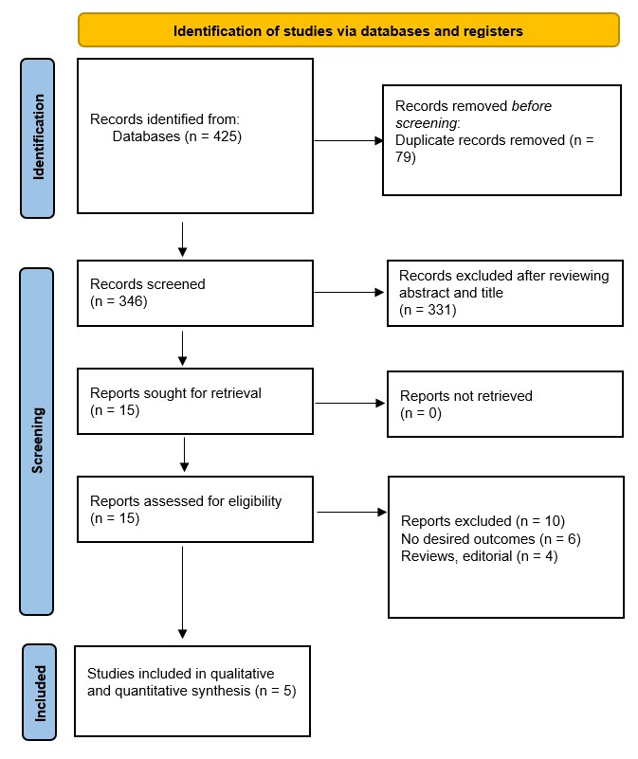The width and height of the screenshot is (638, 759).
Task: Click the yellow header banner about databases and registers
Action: pyautogui.click(x=348, y=30)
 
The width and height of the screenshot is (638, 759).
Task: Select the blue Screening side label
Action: pyautogui.click(x=39, y=440)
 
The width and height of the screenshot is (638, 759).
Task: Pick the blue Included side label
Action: pyautogui.click(x=39, y=691)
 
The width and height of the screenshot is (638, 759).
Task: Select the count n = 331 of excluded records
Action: pyautogui.click(x=428, y=309)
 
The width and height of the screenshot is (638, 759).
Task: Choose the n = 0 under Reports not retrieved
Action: pyautogui.click(x=421, y=412)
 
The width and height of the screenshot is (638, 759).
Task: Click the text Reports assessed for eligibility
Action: pyautogui.click(x=186, y=501)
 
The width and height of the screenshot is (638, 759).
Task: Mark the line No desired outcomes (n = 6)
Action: pyautogui.click(x=490, y=538)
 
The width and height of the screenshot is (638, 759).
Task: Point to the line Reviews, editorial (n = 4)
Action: pyautogui.click(x=479, y=556)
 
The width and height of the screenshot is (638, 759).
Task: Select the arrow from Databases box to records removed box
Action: pyautogui.click(x=346, y=141)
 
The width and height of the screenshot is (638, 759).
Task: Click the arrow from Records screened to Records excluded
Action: pyautogui.click(x=349, y=292)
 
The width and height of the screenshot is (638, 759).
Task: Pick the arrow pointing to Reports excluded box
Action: pyautogui.click(x=351, y=514)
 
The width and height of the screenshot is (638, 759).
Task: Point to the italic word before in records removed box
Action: pyautogui.click(x=532, y=106)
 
